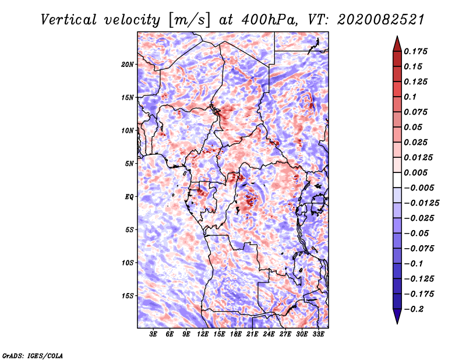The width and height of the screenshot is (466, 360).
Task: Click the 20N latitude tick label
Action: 128,65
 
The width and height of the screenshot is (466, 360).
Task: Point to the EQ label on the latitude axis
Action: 129,197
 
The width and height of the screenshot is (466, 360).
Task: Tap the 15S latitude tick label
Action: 128,296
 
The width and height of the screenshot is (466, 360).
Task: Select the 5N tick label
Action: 129,164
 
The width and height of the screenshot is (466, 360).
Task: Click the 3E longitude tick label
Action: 153,334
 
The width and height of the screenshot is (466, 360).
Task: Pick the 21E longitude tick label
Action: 252,334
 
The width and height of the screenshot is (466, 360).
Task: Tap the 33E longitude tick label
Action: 318,334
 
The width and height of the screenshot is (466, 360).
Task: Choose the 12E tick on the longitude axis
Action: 202,334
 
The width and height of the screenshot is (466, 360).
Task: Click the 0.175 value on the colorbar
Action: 416,51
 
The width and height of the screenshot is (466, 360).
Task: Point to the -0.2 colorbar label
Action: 414,309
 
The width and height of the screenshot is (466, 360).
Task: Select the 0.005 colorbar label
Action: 416,172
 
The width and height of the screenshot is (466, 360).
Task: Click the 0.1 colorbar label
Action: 411,97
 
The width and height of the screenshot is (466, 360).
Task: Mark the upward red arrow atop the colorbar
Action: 397,44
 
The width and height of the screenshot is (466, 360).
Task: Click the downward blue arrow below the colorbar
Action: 397,316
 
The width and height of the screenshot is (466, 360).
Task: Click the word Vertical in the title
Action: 69,20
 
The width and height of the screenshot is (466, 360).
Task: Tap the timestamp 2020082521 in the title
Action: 381,20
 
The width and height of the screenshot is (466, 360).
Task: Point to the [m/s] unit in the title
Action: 189,20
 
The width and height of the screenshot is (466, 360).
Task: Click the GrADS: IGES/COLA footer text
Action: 33,355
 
